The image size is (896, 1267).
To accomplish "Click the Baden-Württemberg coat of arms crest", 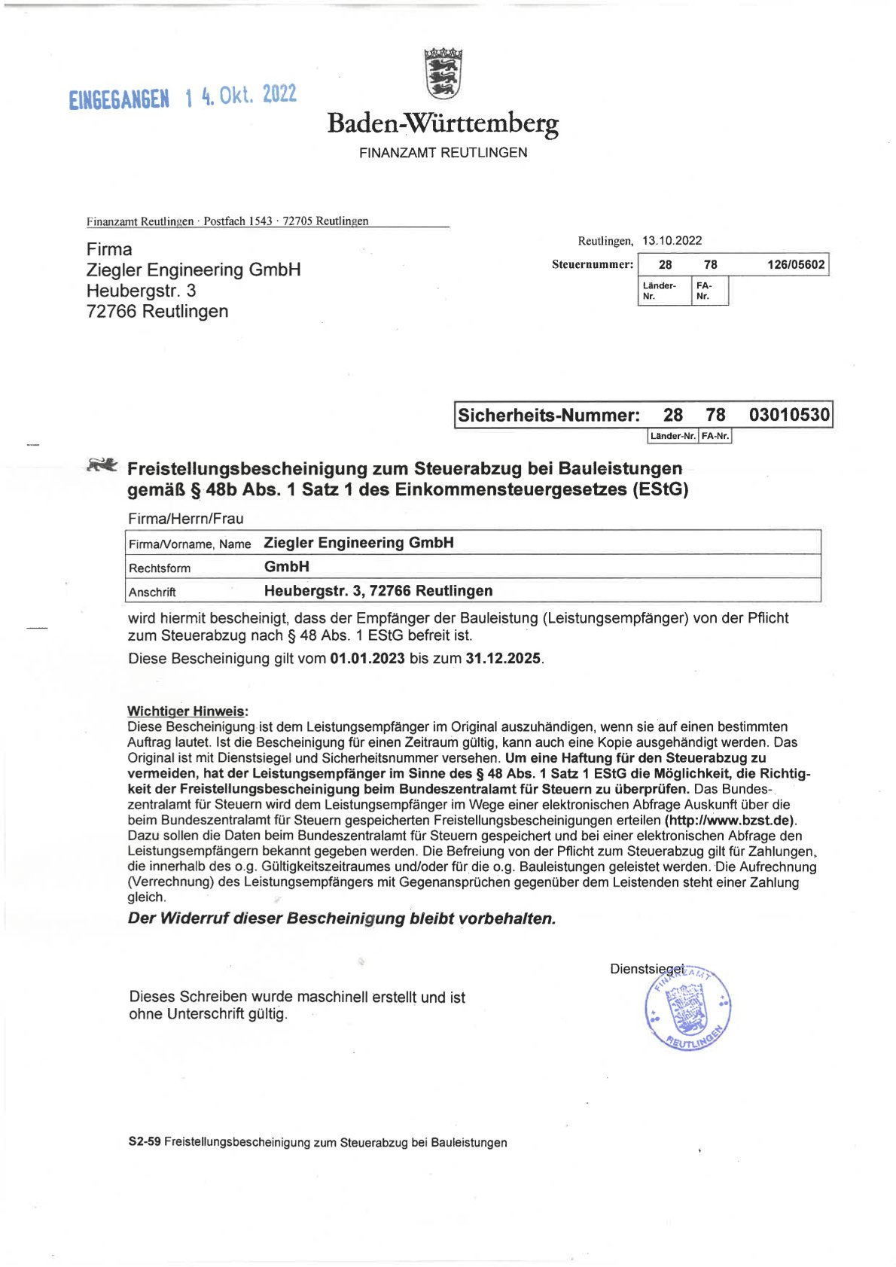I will (x=443, y=73).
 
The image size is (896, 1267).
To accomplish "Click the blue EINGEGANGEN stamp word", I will (x=119, y=99).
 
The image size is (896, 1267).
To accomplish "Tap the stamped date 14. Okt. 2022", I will (x=242, y=96).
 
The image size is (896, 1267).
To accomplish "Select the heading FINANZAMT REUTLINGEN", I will (x=443, y=153).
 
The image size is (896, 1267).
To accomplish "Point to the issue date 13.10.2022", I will (x=672, y=241).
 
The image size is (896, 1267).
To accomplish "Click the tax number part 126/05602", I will (x=795, y=265).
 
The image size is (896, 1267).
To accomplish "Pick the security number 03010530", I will (x=789, y=415).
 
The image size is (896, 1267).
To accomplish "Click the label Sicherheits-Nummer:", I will (x=549, y=416).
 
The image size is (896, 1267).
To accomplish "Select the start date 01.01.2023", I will (x=367, y=659).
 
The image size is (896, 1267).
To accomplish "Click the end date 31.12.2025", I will (x=503, y=659).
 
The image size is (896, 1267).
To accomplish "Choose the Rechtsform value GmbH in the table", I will (x=287, y=567).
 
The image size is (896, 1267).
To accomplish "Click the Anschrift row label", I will (x=152, y=592).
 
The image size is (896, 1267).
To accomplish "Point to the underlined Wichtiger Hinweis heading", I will (x=187, y=711).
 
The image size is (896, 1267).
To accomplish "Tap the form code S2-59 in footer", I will (x=145, y=1142).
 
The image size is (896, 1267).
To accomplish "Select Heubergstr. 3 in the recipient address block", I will (x=141, y=291).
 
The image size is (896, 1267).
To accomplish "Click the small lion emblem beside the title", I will (x=102, y=465).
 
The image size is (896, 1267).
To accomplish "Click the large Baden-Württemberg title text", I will (x=443, y=122).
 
